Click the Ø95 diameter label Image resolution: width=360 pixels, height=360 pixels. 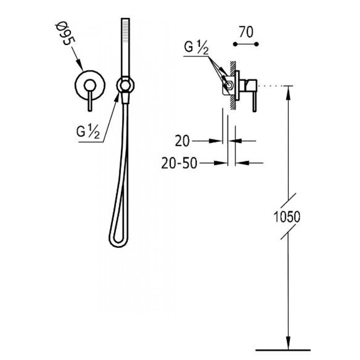65,33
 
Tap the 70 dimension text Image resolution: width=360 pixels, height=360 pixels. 246,32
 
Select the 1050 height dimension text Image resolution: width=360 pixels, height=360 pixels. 287,217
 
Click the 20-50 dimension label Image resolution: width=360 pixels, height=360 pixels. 179,163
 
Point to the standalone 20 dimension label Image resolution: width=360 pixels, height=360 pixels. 182,141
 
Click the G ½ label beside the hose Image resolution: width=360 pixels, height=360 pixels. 88,132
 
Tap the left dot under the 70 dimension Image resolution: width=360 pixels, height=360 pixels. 235,44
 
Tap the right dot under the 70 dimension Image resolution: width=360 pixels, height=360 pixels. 257,44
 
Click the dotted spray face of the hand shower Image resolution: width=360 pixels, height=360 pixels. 125,31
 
